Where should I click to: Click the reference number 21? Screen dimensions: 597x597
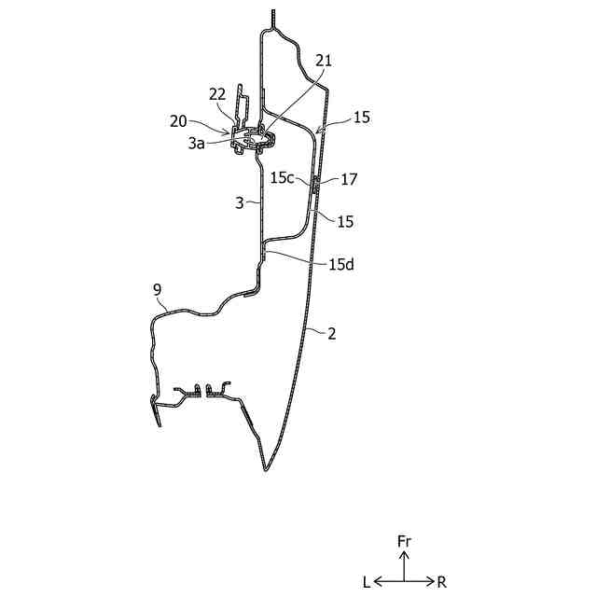pos(324,61)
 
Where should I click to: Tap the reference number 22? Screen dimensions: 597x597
pos(216,93)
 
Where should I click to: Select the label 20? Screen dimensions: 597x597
pos(177,120)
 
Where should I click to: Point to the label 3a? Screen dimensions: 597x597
pos(196,144)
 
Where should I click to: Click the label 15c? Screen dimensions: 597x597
pos(284,176)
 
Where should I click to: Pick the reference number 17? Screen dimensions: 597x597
pos(350,177)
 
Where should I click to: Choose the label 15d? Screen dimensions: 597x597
pos(341,264)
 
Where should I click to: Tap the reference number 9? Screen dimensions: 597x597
pos(157,290)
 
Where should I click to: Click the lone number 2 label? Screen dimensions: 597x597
pos(331,332)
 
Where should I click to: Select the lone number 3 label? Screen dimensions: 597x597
pos(239,202)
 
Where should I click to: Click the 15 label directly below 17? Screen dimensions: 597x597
pos(345,221)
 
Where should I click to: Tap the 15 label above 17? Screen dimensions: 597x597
pos(361,118)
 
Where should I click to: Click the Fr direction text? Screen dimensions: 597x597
pos(404,541)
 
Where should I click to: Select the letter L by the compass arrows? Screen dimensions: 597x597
pos(367,582)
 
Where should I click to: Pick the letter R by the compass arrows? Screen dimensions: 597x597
pos(441,582)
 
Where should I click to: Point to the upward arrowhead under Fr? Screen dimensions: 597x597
pos(404,555)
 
